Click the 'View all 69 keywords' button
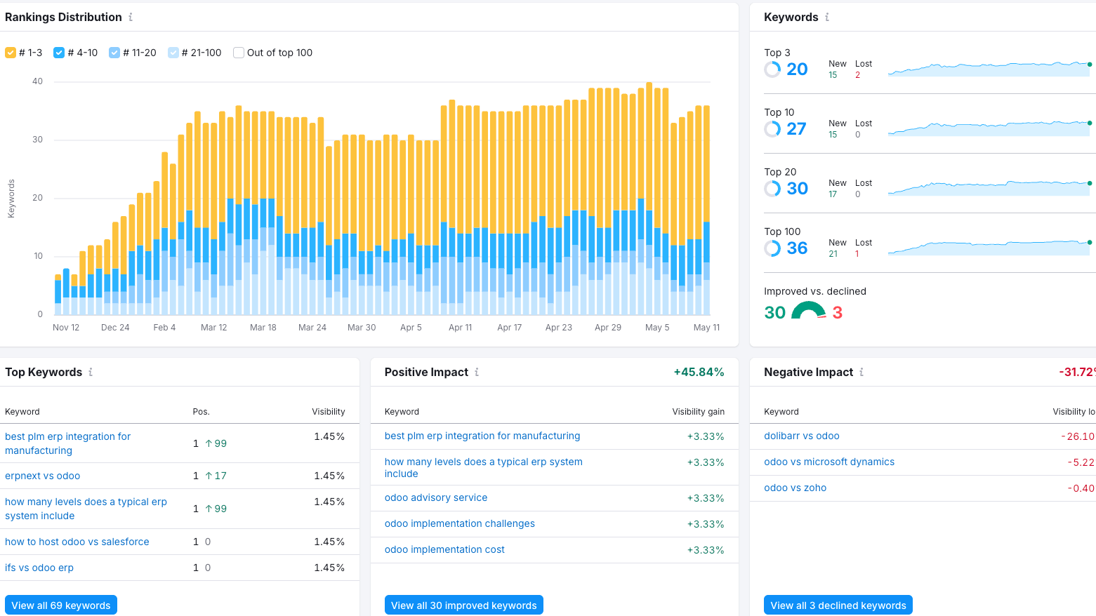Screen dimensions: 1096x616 pos(60,605)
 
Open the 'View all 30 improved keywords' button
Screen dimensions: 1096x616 pos(463,605)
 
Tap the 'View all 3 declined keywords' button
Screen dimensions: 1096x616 pos(838,605)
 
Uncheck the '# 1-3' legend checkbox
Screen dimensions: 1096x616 pos(11,53)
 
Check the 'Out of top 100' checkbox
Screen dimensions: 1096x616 pos(238,53)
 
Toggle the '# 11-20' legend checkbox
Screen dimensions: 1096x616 pos(114,53)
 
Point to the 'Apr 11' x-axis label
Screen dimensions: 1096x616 pos(460,328)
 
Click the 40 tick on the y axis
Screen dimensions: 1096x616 pos(38,81)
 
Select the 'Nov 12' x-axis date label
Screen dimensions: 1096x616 pos(66,328)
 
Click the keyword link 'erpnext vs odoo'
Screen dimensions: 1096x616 pos(43,476)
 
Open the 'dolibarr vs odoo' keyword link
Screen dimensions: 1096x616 pos(801,436)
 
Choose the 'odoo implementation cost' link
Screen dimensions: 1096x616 pos(444,549)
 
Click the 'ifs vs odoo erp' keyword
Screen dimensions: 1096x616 pos(39,568)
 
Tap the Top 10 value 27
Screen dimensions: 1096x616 pos(796,129)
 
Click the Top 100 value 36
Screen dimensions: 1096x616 pos(797,248)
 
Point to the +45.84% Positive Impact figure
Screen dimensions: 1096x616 pos(699,372)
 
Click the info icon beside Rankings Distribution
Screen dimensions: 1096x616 pos(131,17)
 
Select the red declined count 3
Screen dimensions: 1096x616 pos(837,313)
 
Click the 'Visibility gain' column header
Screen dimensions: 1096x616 pos(698,412)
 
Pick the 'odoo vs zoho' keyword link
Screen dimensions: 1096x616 pos(795,488)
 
